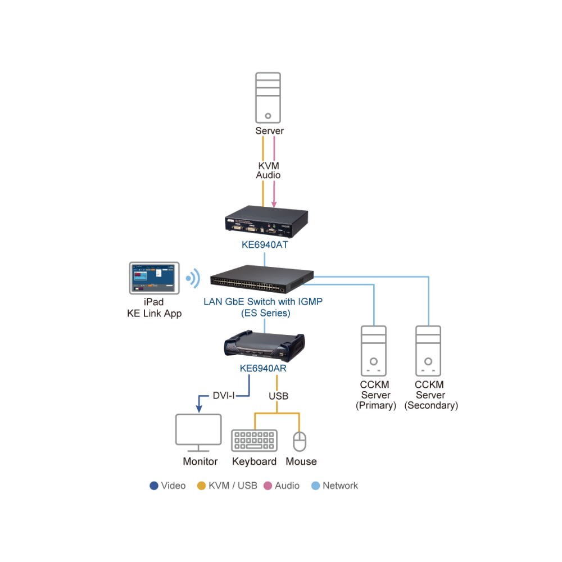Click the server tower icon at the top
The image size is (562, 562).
click(268, 98)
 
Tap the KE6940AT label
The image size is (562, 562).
click(265, 245)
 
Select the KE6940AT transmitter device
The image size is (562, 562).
click(266, 221)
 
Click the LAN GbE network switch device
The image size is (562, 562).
click(262, 279)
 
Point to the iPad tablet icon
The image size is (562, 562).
click(154, 278)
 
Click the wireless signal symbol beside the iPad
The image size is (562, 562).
click(193, 278)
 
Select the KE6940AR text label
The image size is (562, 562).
click(263, 369)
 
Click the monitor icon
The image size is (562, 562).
click(198, 433)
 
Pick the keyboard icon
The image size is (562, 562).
click(255, 441)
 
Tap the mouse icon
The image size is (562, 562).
click(300, 441)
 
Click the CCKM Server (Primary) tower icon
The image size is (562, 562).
click(374, 351)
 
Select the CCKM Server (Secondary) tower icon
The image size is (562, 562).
click(428, 351)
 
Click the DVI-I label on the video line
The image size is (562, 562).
click(224, 396)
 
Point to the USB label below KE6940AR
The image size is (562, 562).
click(279, 396)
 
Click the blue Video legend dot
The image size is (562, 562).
click(154, 486)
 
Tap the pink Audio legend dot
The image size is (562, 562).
click(268, 486)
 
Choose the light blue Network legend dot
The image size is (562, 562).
click(315, 486)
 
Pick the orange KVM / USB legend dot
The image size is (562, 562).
click(201, 486)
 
